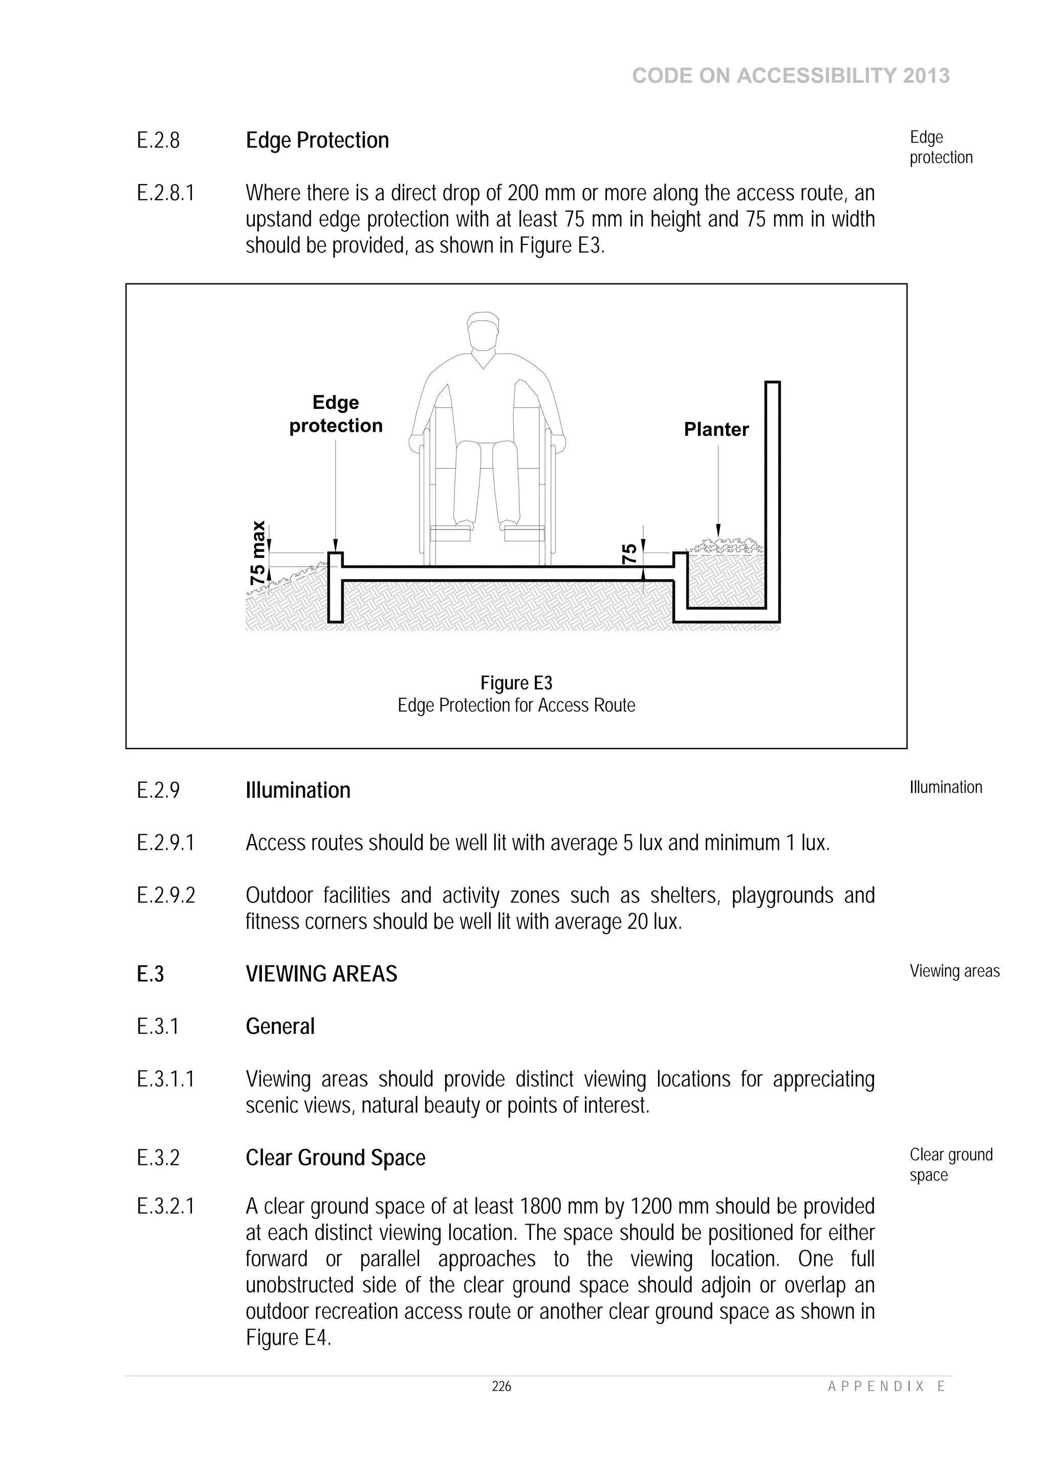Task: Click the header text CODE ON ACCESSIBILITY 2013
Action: point(791,76)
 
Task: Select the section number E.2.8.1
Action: point(165,193)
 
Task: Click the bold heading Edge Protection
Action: point(317,141)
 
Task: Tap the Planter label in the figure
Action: point(716,429)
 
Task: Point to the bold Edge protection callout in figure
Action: point(336,414)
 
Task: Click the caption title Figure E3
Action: point(516,683)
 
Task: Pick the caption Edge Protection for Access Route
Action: point(516,705)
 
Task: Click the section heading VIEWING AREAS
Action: point(321,974)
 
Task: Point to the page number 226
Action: point(501,1386)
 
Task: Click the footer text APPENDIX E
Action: point(886,1386)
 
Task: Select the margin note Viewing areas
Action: point(954,971)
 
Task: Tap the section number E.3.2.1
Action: point(165,1206)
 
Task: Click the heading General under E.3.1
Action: point(280,1026)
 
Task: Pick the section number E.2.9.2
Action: point(166,895)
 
